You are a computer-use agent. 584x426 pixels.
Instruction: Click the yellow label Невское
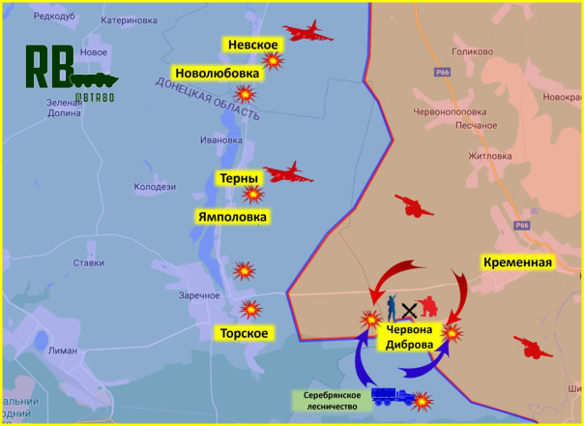click(252, 46)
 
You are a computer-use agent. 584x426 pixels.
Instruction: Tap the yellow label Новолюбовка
click(217, 74)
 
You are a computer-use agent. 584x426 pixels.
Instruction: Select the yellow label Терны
click(239, 179)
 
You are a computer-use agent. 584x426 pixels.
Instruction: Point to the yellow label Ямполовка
click(232, 216)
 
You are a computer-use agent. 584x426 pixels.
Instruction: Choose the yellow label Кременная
click(517, 262)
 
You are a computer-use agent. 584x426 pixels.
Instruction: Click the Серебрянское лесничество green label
click(330, 401)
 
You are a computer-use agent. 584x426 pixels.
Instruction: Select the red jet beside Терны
click(288, 173)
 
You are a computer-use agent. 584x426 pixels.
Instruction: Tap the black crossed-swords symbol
click(410, 310)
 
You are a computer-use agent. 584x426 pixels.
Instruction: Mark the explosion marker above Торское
click(251, 309)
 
